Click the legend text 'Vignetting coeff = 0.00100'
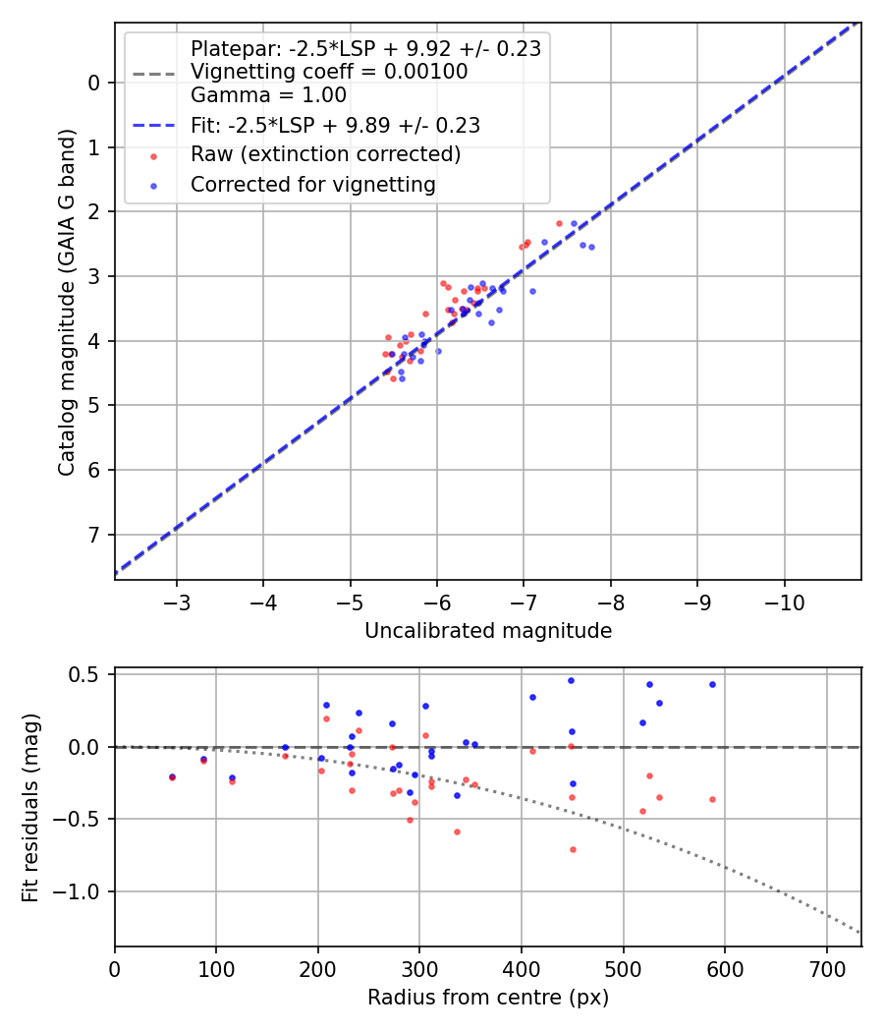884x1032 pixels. click(329, 72)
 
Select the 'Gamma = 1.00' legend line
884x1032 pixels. click(268, 95)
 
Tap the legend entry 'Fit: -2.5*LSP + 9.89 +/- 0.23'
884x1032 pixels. click(335, 125)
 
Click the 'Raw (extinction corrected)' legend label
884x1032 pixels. click(325, 154)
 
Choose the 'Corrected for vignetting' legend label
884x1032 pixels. click(312, 184)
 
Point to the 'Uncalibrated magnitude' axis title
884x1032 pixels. click(488, 631)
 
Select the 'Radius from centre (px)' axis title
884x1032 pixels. click(488, 998)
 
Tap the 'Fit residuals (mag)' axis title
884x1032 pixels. click(30, 806)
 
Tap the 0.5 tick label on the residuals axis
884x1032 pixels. click(89, 674)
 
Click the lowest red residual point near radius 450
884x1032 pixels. click(573, 849)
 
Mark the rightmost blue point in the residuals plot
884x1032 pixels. click(712, 684)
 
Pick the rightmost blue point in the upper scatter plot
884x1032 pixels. click(591, 247)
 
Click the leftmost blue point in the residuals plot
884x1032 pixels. click(173, 776)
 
